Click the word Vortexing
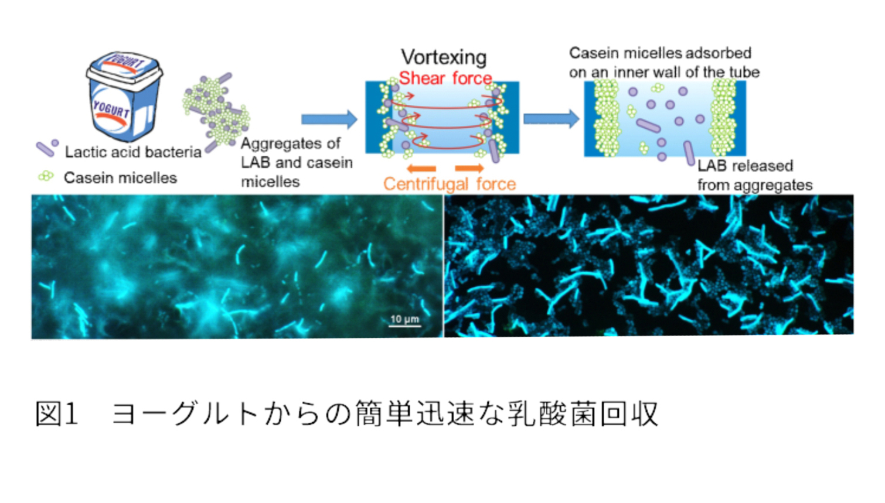(444, 57)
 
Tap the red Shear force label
(445, 78)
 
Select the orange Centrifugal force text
(450, 184)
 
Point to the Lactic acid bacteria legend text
(133, 152)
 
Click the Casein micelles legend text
(120, 178)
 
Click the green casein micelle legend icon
(46, 176)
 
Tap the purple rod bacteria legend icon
(47, 148)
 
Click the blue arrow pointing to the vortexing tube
(329, 119)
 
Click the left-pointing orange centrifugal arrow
(421, 169)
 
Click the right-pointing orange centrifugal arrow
(469, 169)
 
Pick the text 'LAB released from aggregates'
(754, 176)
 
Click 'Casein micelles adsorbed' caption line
(660, 53)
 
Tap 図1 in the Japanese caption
(56, 414)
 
